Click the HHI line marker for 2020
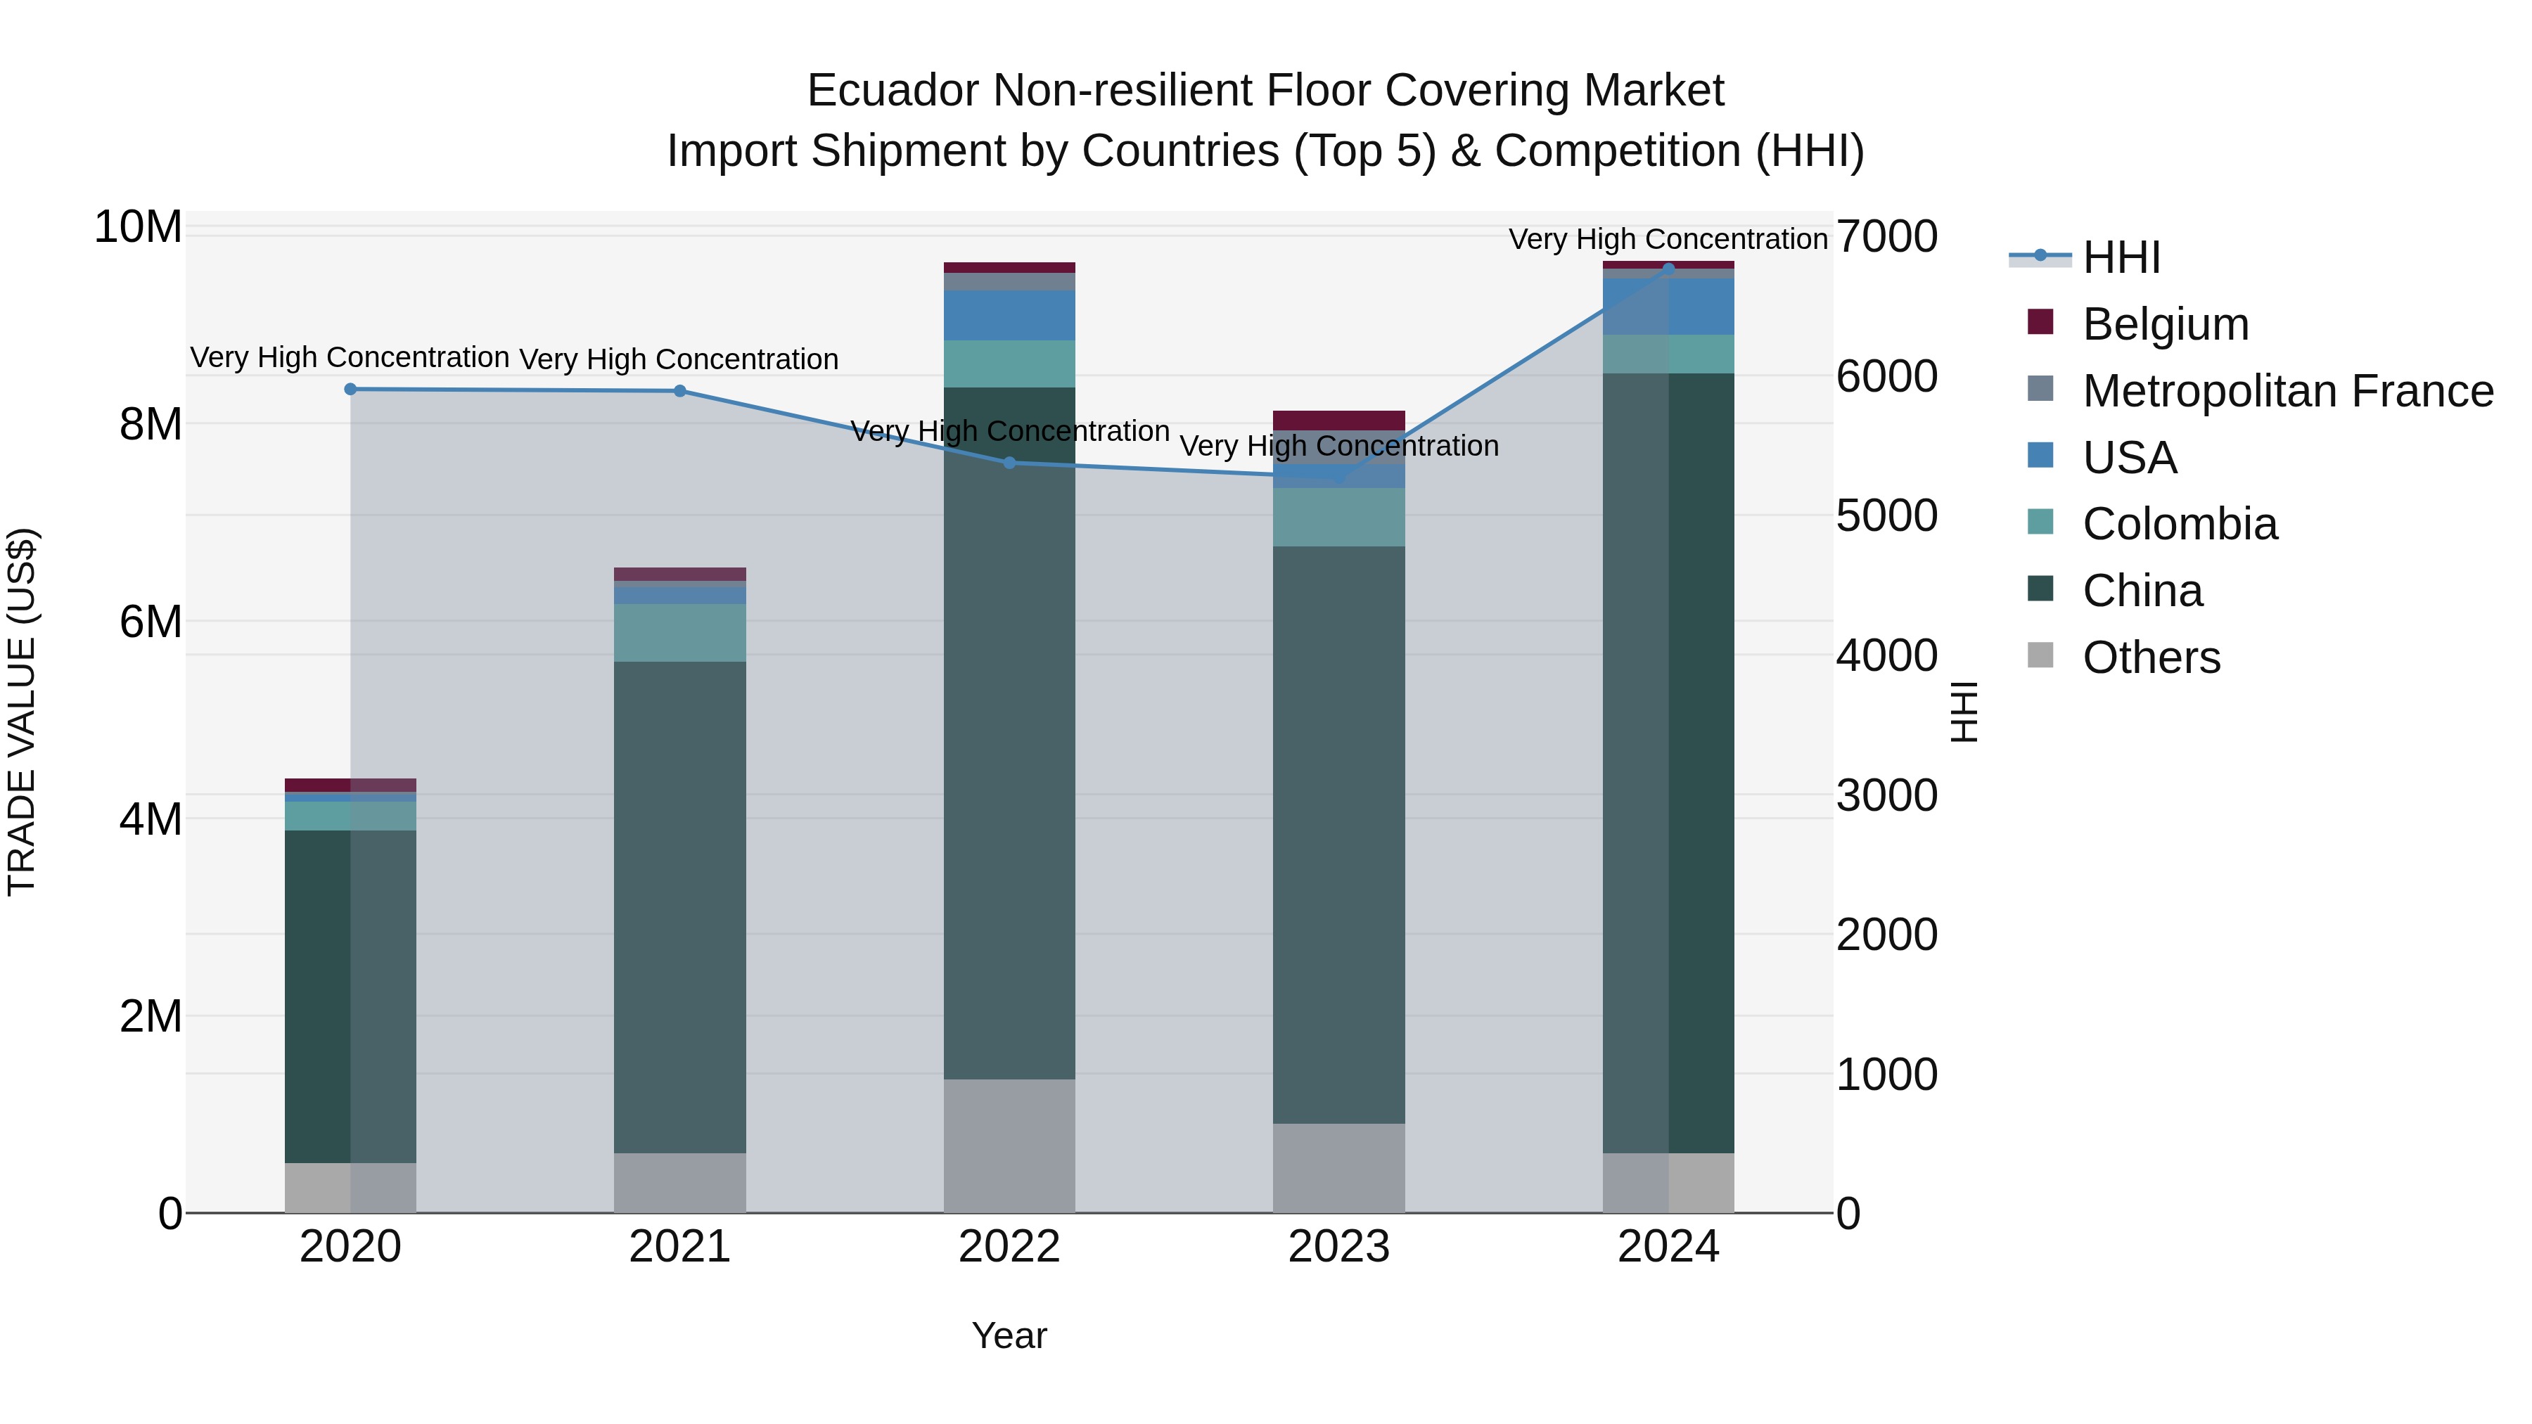[x=351, y=389]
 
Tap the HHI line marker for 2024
[x=1668, y=269]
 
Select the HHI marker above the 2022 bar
[x=1009, y=463]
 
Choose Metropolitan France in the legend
[x=2287, y=391]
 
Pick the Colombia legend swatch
[x=2040, y=522]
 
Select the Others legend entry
[x=2151, y=658]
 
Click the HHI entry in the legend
[x=2121, y=257]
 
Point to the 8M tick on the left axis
[x=151, y=425]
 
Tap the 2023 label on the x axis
[x=1338, y=1247]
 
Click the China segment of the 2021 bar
[x=680, y=904]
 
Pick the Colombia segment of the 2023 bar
[x=1338, y=517]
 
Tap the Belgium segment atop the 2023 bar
[x=1338, y=420]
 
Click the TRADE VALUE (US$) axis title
[x=22, y=712]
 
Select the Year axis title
[x=1009, y=1335]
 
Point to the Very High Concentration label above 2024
[x=1668, y=239]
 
